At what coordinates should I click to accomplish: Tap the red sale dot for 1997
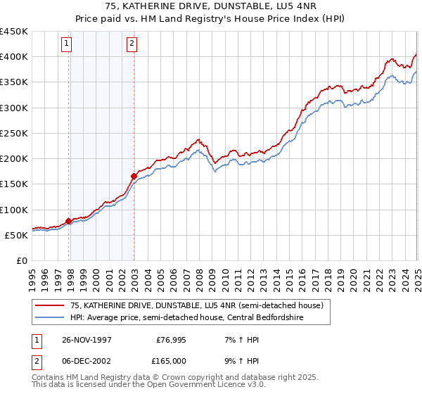click(x=69, y=221)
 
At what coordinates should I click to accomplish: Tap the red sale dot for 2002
click(x=134, y=176)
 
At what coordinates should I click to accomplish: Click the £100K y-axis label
click(x=15, y=210)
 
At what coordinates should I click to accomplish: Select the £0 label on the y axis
click(x=22, y=260)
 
